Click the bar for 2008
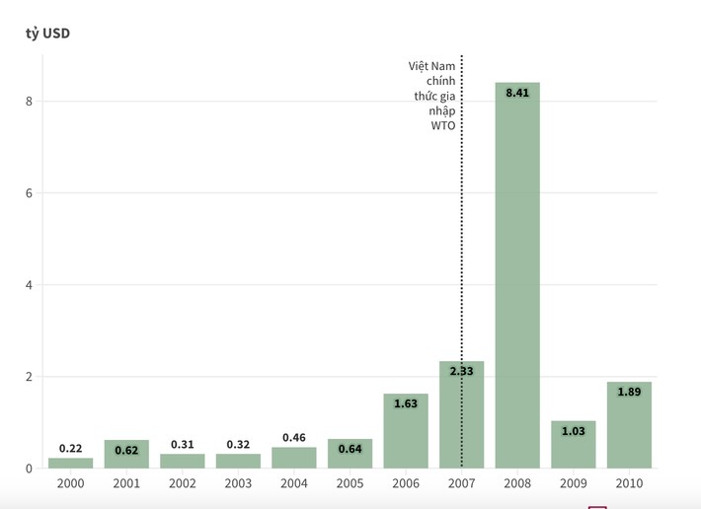click(x=517, y=276)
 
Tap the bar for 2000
click(x=70, y=463)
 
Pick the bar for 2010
click(x=629, y=425)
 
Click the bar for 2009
click(x=574, y=445)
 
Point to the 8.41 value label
click(x=517, y=93)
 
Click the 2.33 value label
click(x=461, y=371)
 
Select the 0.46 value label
click(x=294, y=437)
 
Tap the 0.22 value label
click(x=70, y=448)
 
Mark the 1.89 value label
click(x=629, y=392)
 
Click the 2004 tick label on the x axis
click(x=294, y=483)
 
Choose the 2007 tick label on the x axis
click(x=461, y=483)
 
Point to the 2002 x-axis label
click(x=183, y=483)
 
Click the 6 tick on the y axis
click(x=30, y=193)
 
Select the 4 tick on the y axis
click(x=30, y=285)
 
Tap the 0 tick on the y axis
click(x=30, y=469)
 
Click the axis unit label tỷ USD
click(x=47, y=34)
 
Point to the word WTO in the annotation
click(x=443, y=125)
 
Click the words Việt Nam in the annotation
click(x=432, y=66)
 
